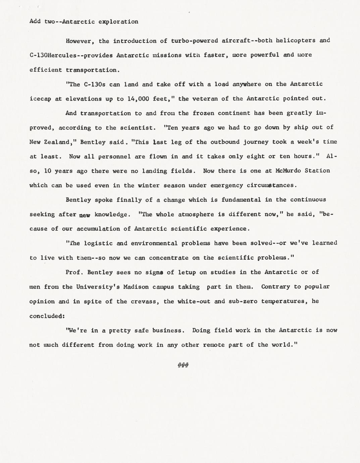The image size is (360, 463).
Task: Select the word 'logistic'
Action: [x=98, y=243]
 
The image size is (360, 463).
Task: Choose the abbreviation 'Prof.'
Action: [x=74, y=272]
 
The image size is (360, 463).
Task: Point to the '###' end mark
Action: [x=183, y=365]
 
